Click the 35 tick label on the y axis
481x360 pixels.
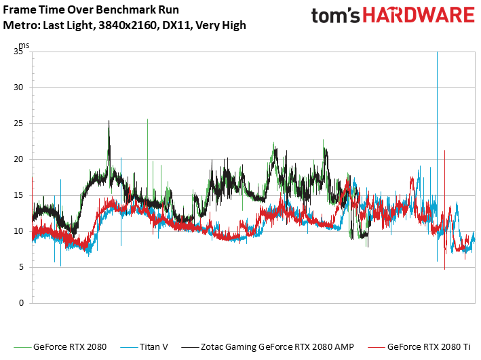[x=19, y=52]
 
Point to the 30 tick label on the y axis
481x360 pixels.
[x=19, y=88]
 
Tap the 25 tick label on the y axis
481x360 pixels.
[x=19, y=124]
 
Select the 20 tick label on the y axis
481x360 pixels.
[x=19, y=160]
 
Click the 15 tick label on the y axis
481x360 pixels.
[x=19, y=195]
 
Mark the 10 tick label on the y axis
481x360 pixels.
[x=19, y=231]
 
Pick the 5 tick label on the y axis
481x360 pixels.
[x=21, y=267]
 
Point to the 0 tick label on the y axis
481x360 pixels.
[x=21, y=303]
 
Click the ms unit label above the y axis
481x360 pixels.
[x=24, y=45]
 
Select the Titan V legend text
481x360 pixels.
[x=155, y=347]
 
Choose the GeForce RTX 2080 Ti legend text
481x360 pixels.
[x=429, y=347]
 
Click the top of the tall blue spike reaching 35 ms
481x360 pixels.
[x=437, y=53]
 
